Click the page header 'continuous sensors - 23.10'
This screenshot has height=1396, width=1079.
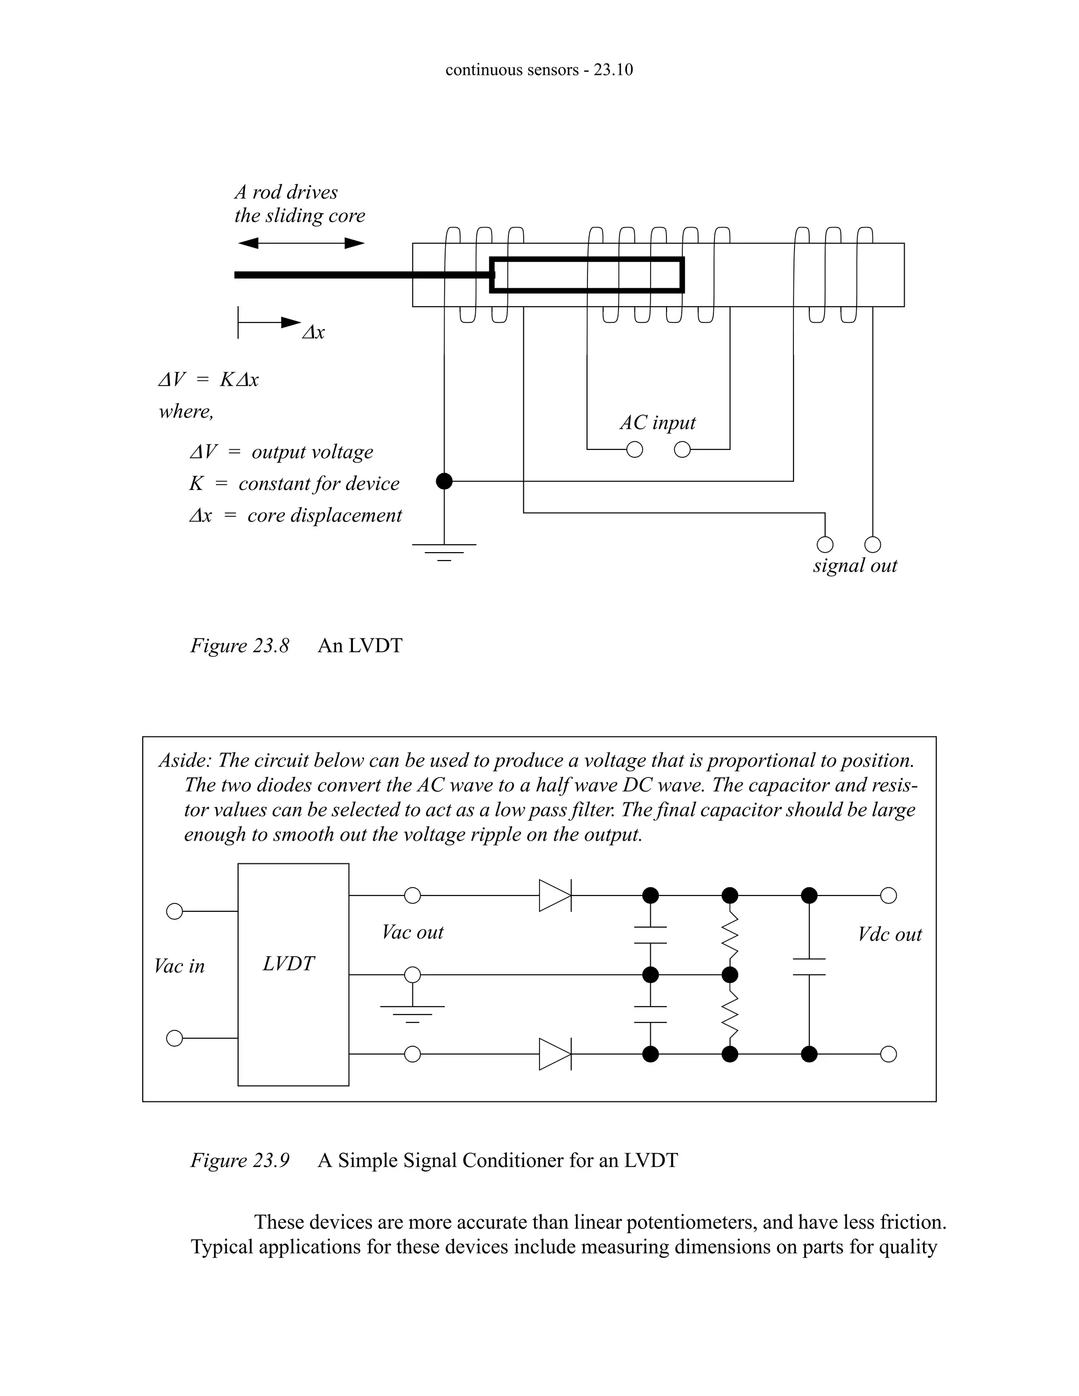[x=539, y=70]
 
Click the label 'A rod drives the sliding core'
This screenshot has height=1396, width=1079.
[x=299, y=204]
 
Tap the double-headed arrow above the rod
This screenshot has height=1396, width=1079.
[x=301, y=243]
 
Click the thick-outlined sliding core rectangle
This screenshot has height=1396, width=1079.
[x=587, y=275]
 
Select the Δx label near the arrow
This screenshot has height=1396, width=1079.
[x=313, y=332]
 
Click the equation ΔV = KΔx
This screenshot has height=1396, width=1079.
[x=209, y=380]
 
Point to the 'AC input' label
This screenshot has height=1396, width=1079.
[x=658, y=422]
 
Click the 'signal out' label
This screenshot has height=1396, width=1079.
[x=855, y=566]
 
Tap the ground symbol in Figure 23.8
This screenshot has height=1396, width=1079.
[x=444, y=551]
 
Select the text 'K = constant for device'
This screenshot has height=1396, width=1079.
[x=294, y=483]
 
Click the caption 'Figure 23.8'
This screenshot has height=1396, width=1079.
[x=240, y=646]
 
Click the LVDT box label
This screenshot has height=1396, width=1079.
[x=288, y=964]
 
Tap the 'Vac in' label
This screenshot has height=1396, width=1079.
[x=180, y=966]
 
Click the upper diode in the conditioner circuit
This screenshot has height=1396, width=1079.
[x=555, y=896]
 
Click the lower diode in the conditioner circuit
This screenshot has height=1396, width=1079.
[x=555, y=1054]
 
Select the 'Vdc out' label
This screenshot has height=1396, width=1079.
[x=889, y=935]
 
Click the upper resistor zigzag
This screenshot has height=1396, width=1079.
[x=729, y=935]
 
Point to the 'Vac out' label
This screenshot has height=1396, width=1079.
[x=413, y=932]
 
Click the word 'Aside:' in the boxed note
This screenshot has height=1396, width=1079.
[x=185, y=761]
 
